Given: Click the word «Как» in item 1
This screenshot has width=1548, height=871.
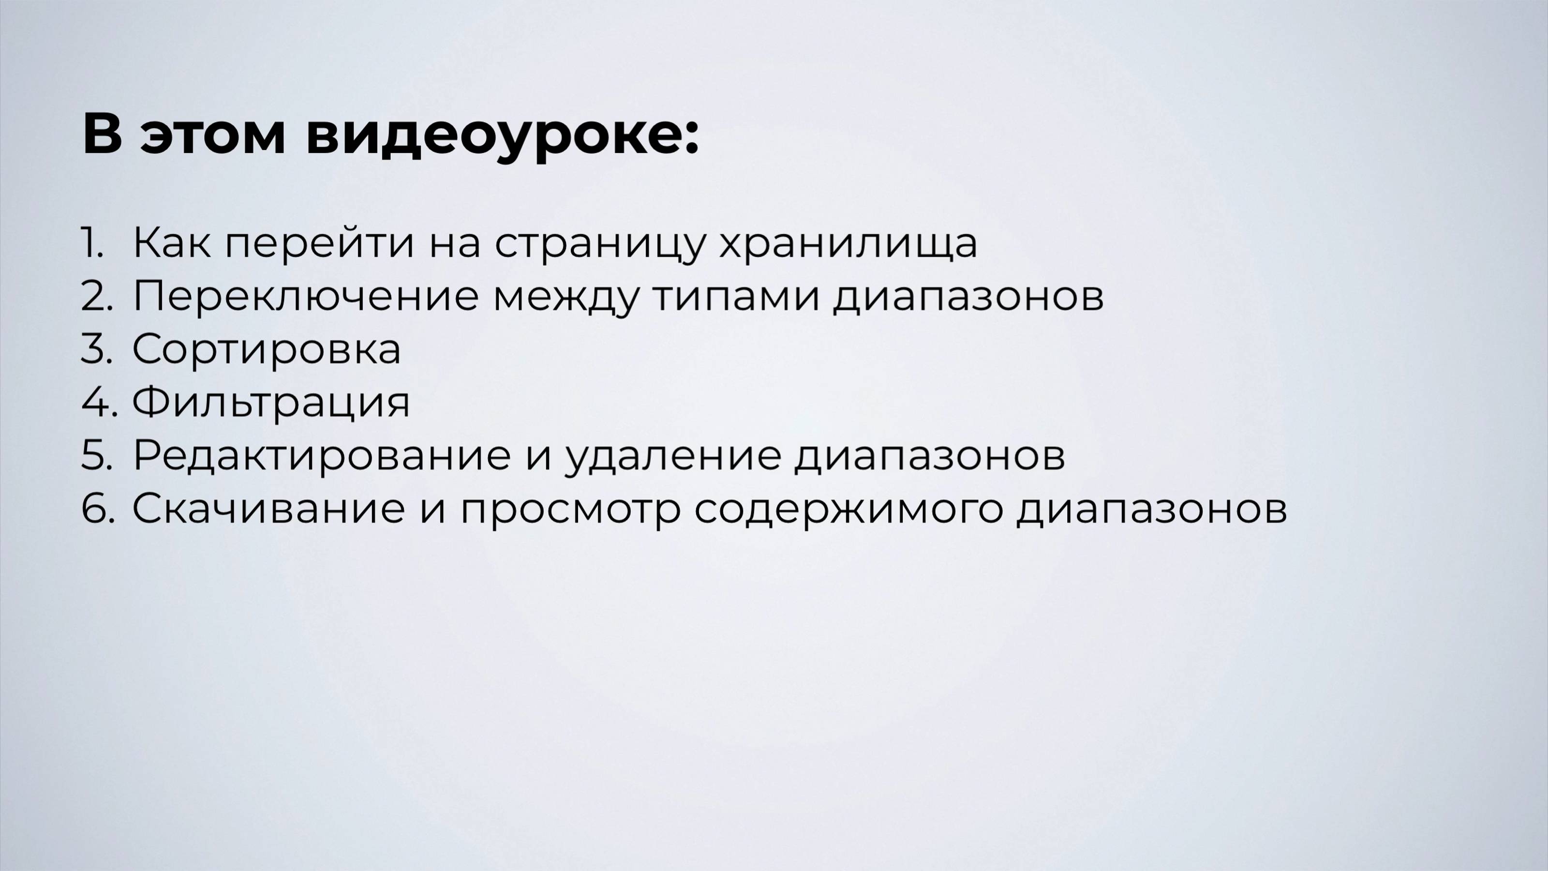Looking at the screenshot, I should click(x=171, y=243).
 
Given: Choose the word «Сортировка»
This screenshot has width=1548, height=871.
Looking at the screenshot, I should click(x=266, y=350).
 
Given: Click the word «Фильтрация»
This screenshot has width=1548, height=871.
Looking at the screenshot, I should click(x=271, y=403).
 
